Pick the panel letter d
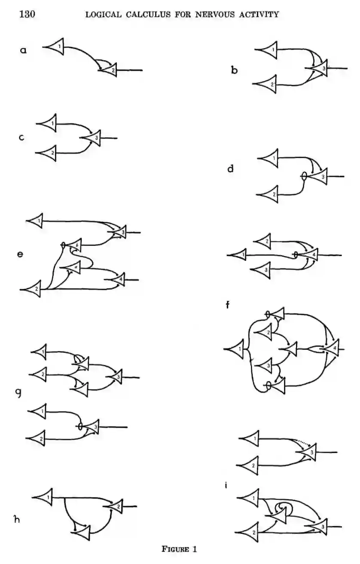click(231, 169)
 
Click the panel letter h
click(17, 519)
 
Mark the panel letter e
click(20, 254)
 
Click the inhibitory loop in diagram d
click(304, 176)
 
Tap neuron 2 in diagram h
click(117, 506)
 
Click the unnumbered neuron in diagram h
click(84, 533)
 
